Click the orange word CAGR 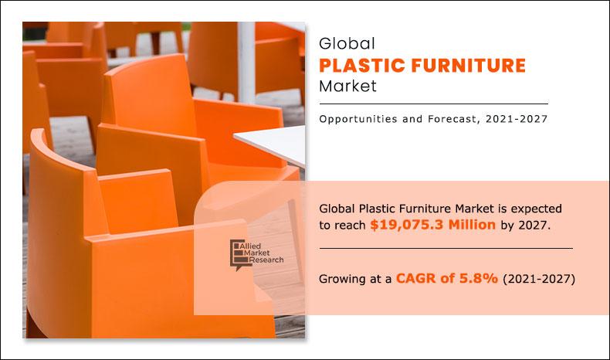pyautogui.click(x=419, y=277)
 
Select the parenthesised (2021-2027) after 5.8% pyautogui.click(x=539, y=277)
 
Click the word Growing pyautogui.click(x=344, y=278)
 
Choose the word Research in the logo pyautogui.click(x=265, y=260)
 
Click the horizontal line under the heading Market pyautogui.click(x=433, y=104)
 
